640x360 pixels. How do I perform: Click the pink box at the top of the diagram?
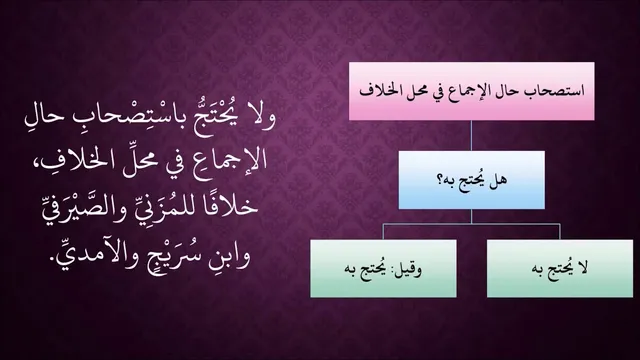471,91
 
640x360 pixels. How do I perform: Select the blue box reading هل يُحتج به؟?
471,180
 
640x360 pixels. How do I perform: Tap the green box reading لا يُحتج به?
560,269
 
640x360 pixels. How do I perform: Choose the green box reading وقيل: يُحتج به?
383,269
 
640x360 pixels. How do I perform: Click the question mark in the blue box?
441,181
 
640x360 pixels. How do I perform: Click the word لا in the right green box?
582,268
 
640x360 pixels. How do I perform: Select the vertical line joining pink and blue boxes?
471,136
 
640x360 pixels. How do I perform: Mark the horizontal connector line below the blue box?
471,224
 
